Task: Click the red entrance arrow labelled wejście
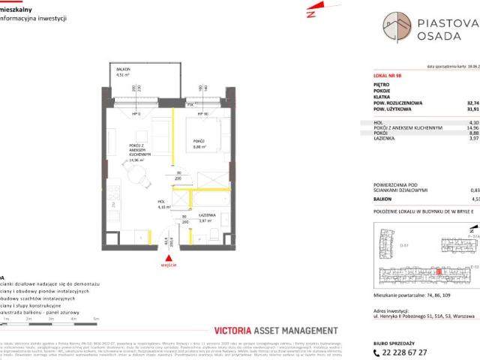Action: coord(170,257)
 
